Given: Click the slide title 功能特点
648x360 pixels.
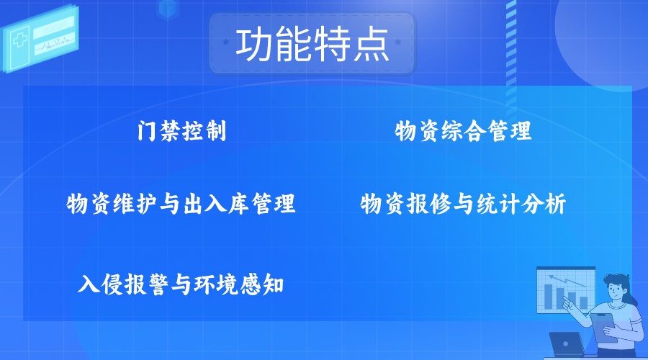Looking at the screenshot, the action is pyautogui.click(x=312, y=44).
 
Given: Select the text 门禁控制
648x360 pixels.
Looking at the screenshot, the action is pyautogui.click(x=182, y=131).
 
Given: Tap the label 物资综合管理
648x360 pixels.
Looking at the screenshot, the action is pyautogui.click(x=463, y=131).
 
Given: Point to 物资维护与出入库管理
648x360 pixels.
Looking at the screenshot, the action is pyautogui.click(x=181, y=203).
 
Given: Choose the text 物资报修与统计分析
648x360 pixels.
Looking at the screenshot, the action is pyautogui.click(x=463, y=203).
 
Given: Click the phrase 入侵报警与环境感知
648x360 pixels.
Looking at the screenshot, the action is pyautogui.click(x=181, y=284).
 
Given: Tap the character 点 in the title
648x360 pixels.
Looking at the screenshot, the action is pyautogui.click(x=372, y=44).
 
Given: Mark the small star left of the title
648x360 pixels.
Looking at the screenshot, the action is pyautogui.click(x=225, y=42).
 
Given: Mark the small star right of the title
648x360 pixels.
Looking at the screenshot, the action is pyautogui.click(x=398, y=42).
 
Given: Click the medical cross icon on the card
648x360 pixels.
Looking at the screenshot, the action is pyautogui.click(x=20, y=40).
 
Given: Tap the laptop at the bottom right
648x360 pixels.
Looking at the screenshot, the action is pyautogui.click(x=566, y=344).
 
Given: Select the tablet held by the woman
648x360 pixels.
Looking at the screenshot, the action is pyautogui.click(x=604, y=327).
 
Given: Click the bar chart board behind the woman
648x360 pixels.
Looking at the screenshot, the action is pyautogui.click(x=566, y=289).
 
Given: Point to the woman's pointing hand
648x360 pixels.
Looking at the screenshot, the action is pyautogui.click(x=568, y=305).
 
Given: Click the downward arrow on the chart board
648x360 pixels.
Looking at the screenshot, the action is pyautogui.click(x=567, y=281).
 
